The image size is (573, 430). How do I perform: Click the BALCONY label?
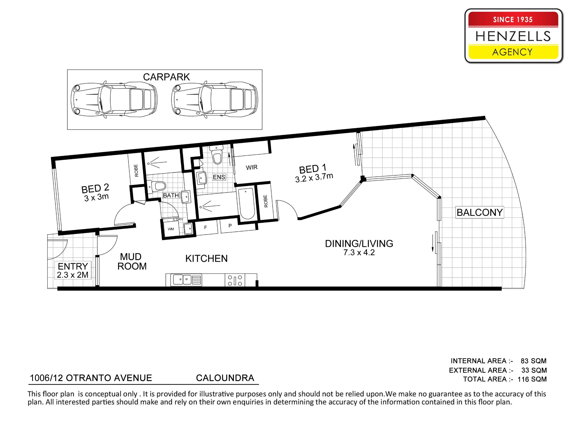(x=480, y=212)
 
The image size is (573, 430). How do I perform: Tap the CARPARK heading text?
(x=166, y=77)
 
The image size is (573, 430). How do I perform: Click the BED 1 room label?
(x=313, y=169)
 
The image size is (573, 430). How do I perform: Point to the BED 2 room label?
(x=95, y=189)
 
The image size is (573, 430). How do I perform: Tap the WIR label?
(x=252, y=167)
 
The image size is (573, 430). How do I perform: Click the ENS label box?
(x=219, y=177)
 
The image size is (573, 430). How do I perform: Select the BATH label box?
(x=171, y=196)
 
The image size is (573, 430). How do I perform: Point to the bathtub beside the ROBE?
(x=247, y=203)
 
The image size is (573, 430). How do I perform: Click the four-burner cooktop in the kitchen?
(x=235, y=280)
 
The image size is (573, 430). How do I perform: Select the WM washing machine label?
(x=171, y=229)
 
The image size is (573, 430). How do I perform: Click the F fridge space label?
(x=205, y=227)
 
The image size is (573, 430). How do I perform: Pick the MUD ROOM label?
(x=132, y=261)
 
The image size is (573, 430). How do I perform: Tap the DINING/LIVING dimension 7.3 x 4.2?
(x=359, y=253)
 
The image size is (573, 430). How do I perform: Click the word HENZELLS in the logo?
(x=513, y=36)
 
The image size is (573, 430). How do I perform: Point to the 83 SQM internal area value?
(x=533, y=361)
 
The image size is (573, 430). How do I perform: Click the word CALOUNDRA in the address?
(x=225, y=378)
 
